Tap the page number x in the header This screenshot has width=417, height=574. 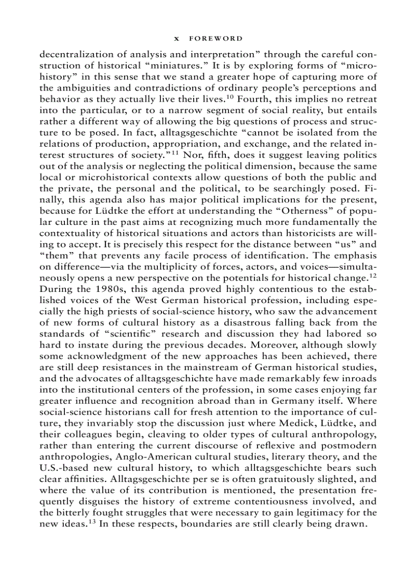[x=176, y=38]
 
